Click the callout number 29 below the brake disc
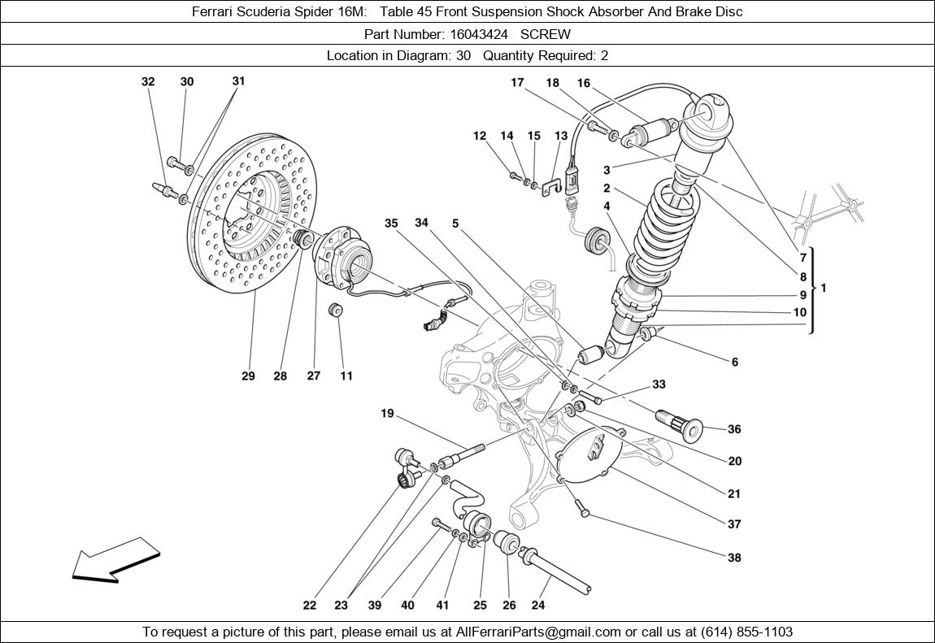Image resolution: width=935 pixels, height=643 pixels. point(248,376)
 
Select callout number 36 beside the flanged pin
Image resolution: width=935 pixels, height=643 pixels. point(734,429)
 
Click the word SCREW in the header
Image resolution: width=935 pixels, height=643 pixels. point(546,34)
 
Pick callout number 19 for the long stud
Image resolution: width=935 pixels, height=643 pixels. point(387,414)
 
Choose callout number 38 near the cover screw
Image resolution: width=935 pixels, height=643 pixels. point(734,558)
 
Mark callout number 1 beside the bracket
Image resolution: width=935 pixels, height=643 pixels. point(824,288)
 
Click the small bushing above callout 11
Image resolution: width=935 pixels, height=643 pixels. point(333,311)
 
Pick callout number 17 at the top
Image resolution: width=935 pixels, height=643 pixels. point(517,82)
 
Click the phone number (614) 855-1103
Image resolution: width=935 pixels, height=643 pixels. point(741,632)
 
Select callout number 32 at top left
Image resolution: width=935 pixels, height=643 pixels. point(148,81)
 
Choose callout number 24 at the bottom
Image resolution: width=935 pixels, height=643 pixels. point(537,605)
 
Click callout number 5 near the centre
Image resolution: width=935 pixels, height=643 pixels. point(455,223)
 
